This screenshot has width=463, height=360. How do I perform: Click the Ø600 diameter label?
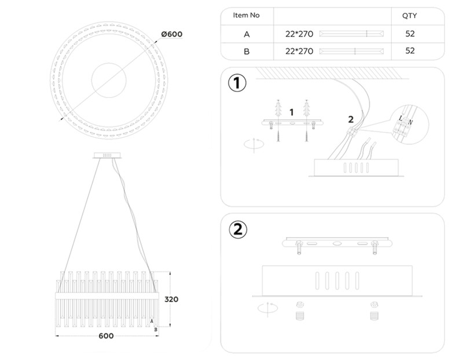[171, 34]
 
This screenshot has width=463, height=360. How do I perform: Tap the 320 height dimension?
[171, 300]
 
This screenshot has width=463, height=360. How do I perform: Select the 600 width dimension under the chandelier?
[106, 336]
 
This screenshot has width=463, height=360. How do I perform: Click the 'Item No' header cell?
[247, 16]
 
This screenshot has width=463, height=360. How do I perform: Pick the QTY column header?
[409, 16]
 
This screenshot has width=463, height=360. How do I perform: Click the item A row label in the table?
[247, 34]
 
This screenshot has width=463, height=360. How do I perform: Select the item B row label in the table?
[247, 51]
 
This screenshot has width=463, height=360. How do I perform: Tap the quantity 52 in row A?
[410, 34]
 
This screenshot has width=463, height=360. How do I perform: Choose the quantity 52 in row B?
[410, 51]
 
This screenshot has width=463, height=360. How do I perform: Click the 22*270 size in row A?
[299, 34]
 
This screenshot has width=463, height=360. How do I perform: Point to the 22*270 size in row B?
[299, 51]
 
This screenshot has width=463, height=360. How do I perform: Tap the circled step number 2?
[237, 230]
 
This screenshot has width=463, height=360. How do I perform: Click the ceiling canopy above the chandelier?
[106, 155]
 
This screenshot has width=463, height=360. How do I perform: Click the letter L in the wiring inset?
[400, 118]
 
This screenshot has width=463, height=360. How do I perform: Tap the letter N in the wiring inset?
[410, 122]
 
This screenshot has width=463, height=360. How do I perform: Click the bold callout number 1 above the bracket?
[292, 111]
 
